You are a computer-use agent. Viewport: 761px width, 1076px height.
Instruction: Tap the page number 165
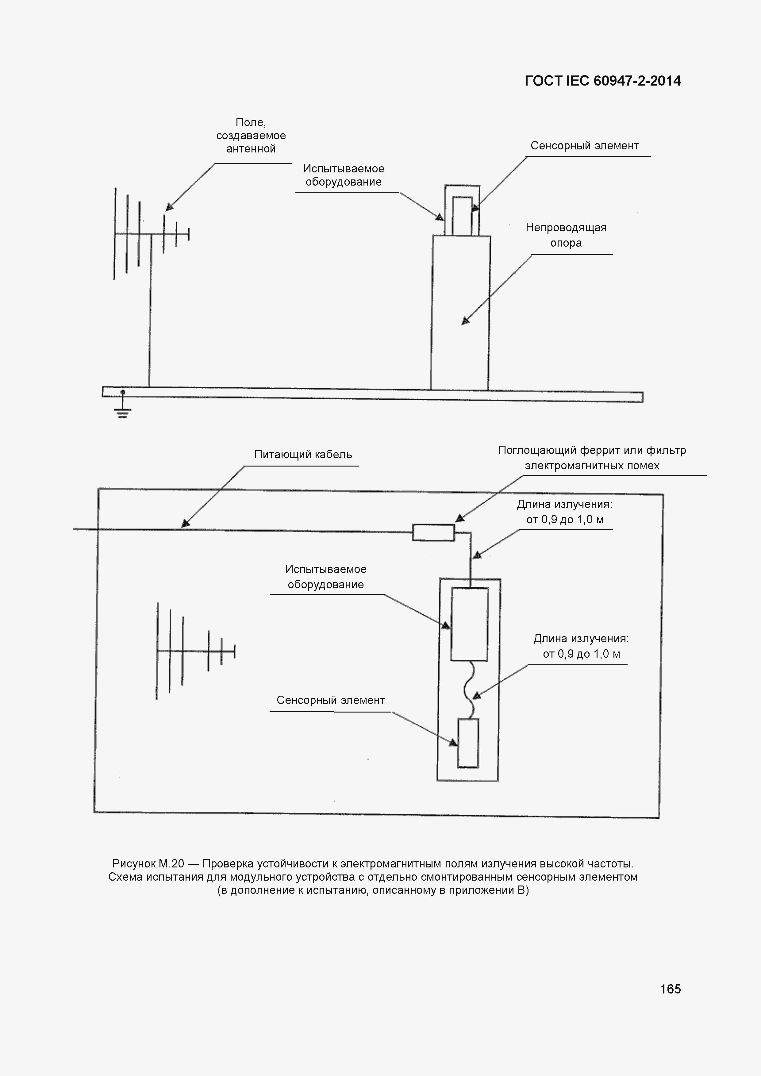(670, 989)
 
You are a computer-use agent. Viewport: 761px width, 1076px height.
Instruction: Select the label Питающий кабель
(303, 455)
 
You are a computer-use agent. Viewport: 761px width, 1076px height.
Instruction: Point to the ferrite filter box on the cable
(433, 533)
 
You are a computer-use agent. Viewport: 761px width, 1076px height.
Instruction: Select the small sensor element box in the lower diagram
(468, 743)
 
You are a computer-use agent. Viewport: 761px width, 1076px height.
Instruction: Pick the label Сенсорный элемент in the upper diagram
(584, 146)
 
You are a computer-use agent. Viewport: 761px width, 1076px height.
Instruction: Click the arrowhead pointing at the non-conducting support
(465, 321)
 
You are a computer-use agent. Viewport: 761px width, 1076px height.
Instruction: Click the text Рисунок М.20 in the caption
(148, 863)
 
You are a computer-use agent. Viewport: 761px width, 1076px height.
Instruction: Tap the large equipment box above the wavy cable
(469, 624)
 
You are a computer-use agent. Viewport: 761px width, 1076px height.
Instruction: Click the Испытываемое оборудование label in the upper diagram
(344, 175)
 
